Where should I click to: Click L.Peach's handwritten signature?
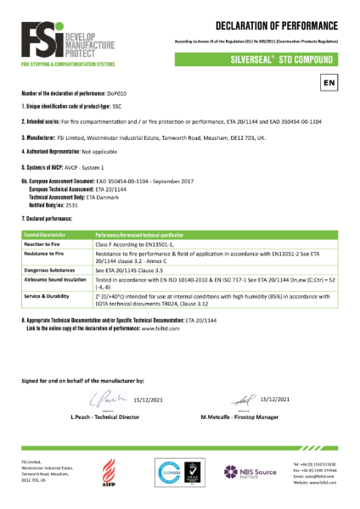(103, 402)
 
